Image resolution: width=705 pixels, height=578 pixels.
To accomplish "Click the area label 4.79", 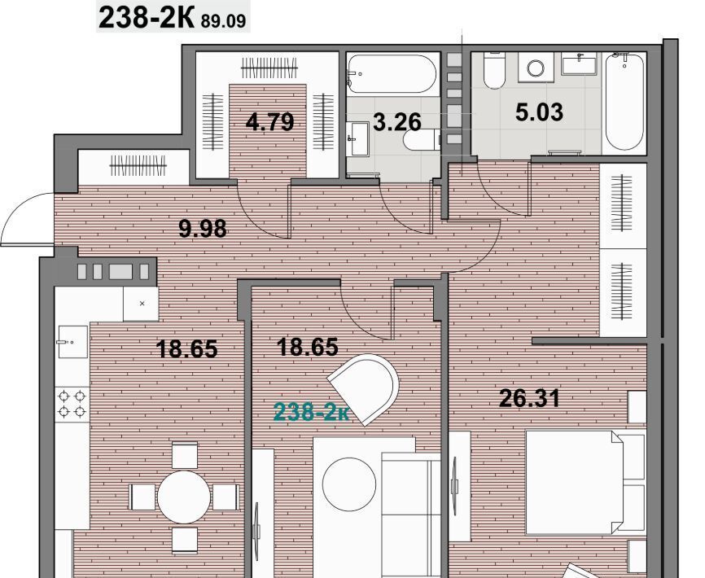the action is click(x=269, y=122).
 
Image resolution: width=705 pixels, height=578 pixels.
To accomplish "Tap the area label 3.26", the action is click(x=397, y=122).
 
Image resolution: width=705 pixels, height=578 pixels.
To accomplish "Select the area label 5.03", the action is click(x=539, y=112).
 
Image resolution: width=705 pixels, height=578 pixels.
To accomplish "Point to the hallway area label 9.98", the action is click(x=203, y=229).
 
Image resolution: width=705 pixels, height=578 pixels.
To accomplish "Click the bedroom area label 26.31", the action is click(x=530, y=398).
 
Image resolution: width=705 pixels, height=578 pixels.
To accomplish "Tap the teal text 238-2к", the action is click(x=311, y=412).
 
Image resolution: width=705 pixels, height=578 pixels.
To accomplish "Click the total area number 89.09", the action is click(x=223, y=21).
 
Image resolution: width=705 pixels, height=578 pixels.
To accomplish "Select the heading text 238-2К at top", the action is click(x=146, y=19).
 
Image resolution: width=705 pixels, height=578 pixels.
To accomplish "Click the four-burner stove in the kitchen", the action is click(x=72, y=404).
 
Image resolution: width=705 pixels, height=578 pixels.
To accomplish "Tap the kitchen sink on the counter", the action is click(x=72, y=342).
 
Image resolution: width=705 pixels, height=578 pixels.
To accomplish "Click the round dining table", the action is click(x=183, y=497).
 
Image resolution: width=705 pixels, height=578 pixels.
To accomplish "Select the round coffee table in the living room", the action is click(x=349, y=484).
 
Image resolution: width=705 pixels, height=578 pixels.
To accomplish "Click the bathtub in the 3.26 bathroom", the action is click(x=392, y=74).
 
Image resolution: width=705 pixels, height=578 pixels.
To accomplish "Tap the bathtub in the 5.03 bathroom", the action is click(x=624, y=101).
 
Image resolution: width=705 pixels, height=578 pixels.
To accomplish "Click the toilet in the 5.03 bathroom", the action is click(x=495, y=71).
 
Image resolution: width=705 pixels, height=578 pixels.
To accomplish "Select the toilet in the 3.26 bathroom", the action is click(x=422, y=139).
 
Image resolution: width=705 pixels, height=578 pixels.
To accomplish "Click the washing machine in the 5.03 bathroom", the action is click(x=536, y=68).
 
